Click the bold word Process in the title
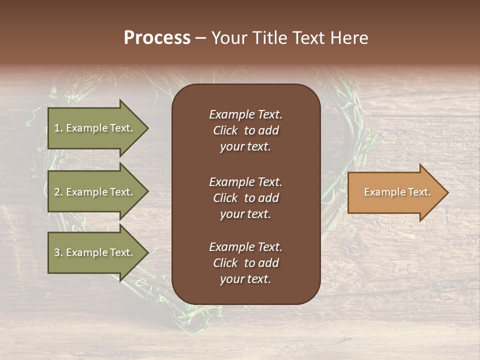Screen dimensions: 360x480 pos(157,38)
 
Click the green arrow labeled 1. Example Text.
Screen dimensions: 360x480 pos(95,128)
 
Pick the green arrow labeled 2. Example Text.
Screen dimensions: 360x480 pos(95,192)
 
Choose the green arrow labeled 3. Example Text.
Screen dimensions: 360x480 pos(95,252)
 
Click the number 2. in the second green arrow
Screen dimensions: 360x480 pos(58,192)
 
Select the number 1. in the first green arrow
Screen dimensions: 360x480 pos(58,128)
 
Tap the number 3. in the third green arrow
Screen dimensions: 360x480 pos(58,252)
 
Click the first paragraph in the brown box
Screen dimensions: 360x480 pos(245,130)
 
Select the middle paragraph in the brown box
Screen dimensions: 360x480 pos(245,197)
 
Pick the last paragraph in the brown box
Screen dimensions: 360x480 pos(245,263)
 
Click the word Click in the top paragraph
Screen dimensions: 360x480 pos(225,130)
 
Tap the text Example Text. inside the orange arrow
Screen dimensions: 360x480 pos(397,192)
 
